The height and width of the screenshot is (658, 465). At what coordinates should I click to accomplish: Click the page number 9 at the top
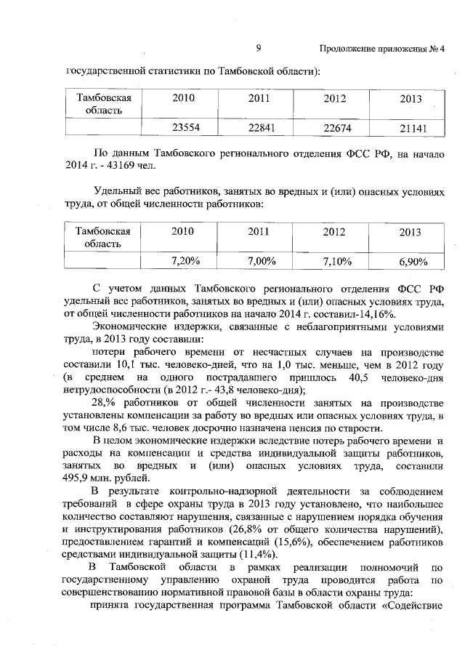(x=258, y=49)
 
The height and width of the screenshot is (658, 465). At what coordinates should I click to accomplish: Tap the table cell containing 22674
(x=333, y=127)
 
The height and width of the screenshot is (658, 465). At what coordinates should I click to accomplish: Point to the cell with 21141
(x=409, y=128)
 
